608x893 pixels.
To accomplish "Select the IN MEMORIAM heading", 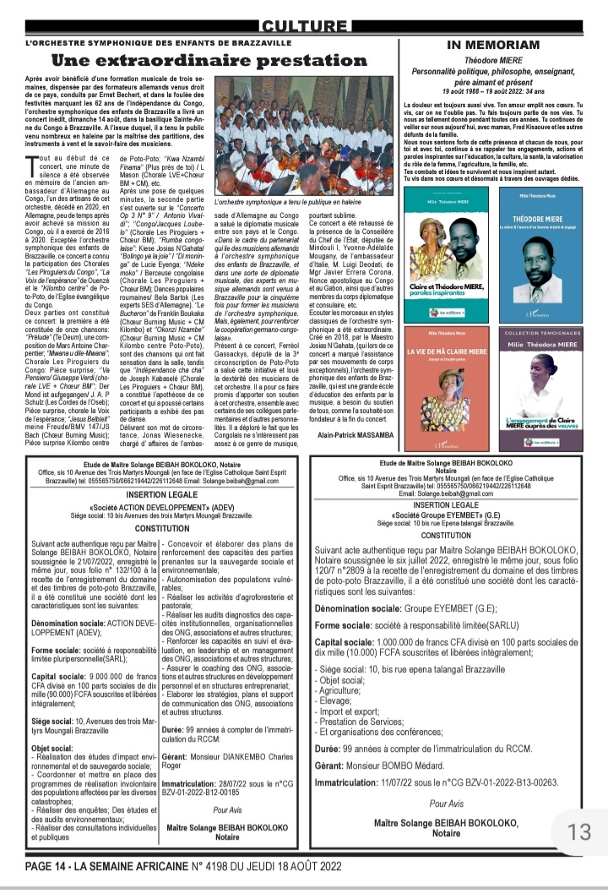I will coord(493,44).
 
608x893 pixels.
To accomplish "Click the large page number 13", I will coord(579,832).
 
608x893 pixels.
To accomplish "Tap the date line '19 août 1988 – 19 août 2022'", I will coord(492,90).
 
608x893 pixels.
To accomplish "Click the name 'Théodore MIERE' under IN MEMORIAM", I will coord(493,61).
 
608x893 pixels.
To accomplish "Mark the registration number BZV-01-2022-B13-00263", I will coord(505,783).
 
